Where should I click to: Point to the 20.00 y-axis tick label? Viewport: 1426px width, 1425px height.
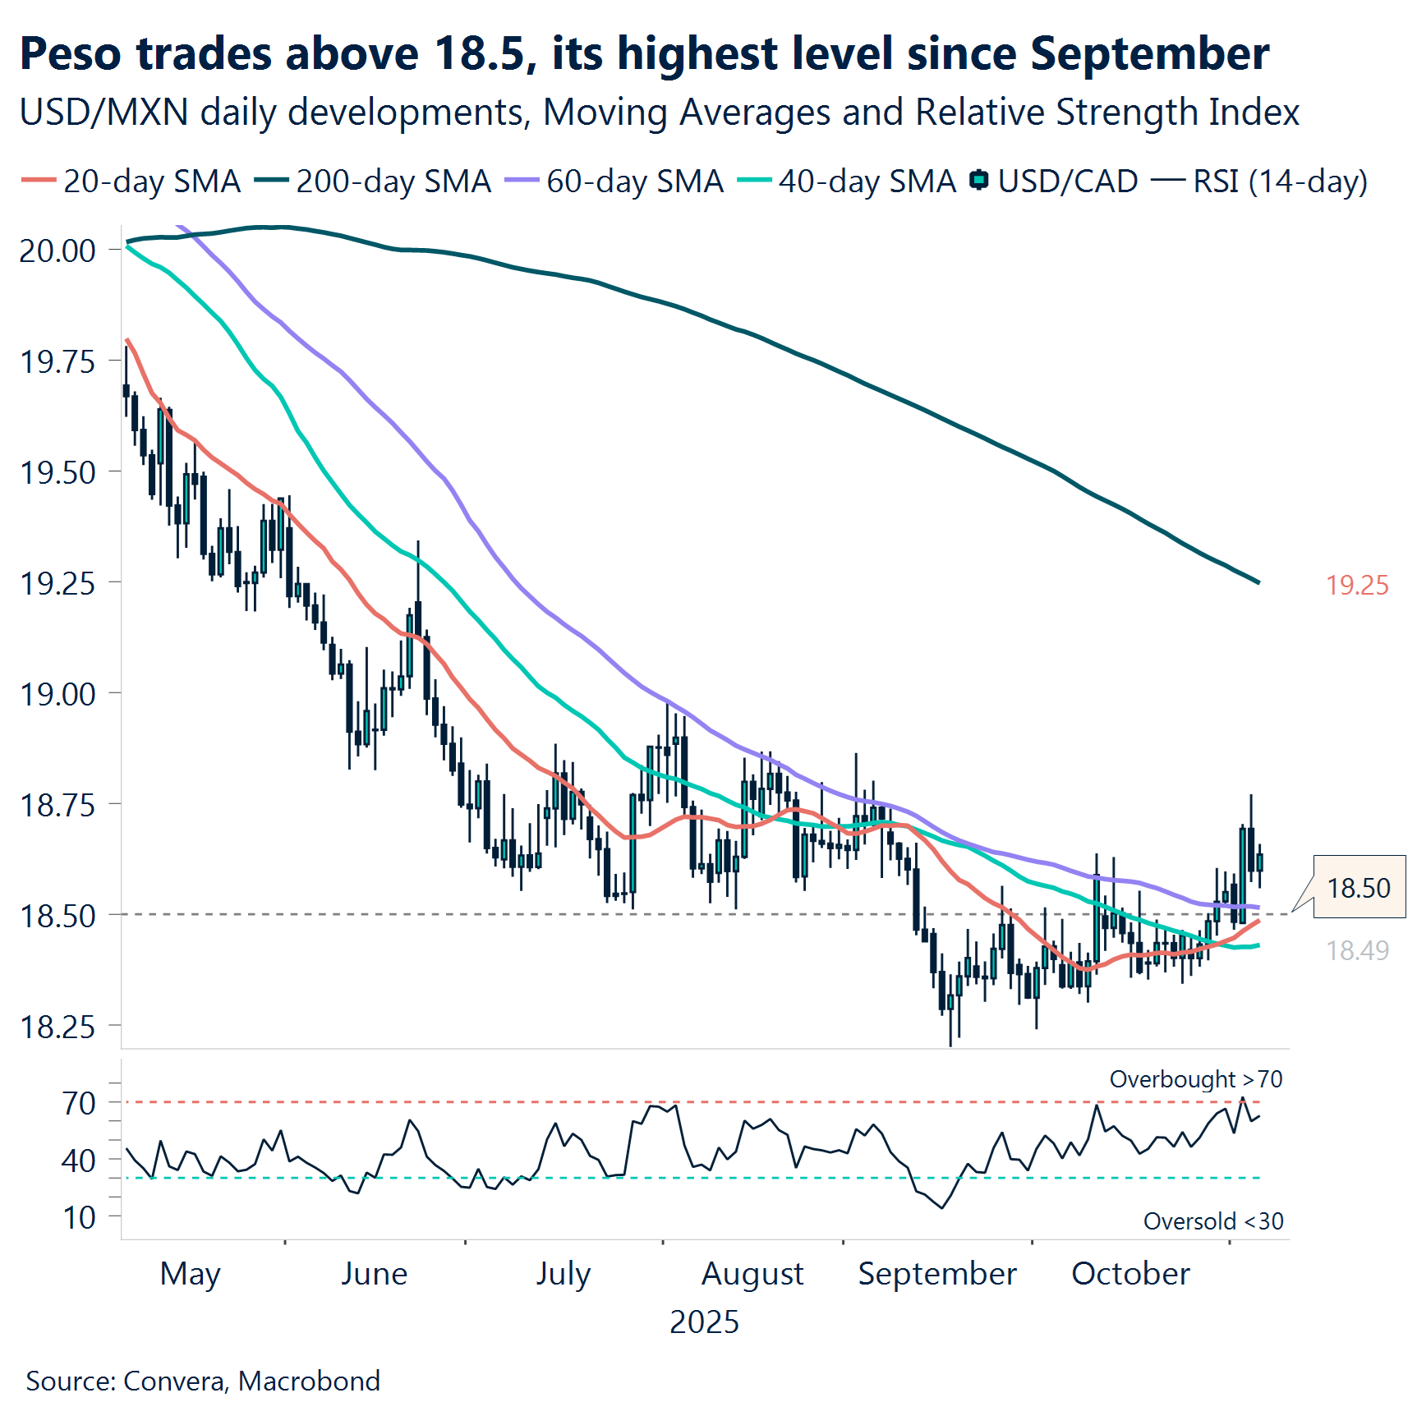(57, 251)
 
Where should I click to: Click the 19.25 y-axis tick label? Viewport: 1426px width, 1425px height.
(57, 583)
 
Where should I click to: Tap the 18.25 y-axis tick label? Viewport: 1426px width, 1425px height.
(57, 1027)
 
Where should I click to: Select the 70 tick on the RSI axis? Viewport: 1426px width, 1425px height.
(79, 1103)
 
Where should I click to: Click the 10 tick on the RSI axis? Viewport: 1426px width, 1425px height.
(79, 1217)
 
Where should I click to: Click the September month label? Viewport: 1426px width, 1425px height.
(937, 1274)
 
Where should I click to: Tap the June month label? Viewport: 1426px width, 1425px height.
(374, 1274)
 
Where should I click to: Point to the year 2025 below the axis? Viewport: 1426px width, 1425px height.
(704, 1322)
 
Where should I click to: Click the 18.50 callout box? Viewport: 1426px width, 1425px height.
(1359, 887)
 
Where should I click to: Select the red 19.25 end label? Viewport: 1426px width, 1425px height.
(1357, 586)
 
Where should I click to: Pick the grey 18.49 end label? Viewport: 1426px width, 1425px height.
(1357, 951)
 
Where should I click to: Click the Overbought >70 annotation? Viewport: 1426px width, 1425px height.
(1195, 1079)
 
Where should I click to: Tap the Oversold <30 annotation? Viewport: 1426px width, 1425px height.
(1212, 1221)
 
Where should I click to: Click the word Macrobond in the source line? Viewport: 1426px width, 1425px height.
(309, 1381)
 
